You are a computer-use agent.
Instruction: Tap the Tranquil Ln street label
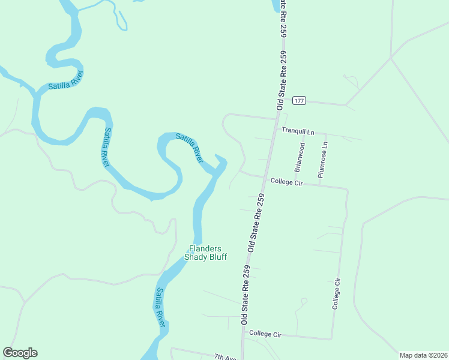pos(298,131)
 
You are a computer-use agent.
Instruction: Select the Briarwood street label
pos(300,156)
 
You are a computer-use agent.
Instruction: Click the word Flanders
pos(205,248)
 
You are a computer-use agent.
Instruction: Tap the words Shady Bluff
pos(205,257)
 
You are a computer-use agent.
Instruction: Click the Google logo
pos(20,353)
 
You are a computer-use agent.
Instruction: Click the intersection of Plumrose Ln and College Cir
pos(319,185)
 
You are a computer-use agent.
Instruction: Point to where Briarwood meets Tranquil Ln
pos(304,133)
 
